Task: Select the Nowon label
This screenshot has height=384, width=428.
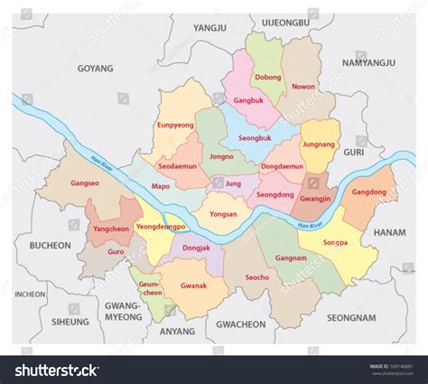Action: click(303, 89)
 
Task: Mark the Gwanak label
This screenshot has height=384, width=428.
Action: click(193, 286)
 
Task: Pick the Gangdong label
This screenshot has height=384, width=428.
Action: click(368, 192)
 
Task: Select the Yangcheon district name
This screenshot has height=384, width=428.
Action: click(112, 229)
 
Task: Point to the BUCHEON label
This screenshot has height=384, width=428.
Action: click(50, 245)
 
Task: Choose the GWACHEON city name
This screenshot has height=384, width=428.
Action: click(241, 323)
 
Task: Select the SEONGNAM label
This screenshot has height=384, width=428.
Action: click(350, 317)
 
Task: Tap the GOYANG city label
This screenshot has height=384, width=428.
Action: click(95, 68)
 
